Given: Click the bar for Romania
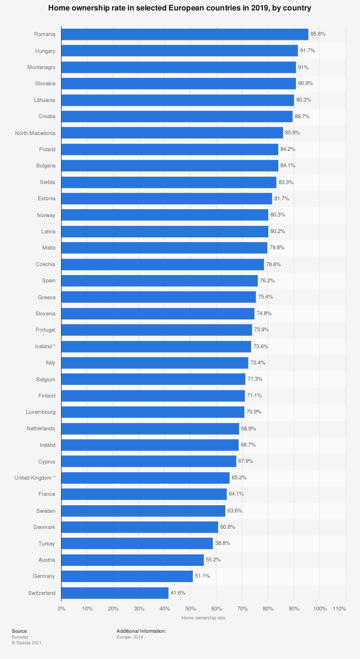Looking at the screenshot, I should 185,34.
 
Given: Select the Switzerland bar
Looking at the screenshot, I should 115,593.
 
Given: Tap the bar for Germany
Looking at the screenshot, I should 127,576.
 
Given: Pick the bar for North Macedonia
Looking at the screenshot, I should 172,133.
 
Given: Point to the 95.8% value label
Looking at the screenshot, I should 318,34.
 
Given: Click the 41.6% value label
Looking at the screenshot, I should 178,593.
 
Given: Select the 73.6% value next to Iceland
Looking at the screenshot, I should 261,346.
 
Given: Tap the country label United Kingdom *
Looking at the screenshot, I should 35,478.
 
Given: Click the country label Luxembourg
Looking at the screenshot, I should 41,412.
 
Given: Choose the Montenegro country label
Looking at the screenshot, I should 41,67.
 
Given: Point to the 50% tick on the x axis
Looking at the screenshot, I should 190,609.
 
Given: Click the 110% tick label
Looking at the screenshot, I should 339,609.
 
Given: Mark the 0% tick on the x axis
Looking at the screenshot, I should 62,609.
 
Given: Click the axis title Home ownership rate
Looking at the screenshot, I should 203,618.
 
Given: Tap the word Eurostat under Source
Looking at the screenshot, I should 20,637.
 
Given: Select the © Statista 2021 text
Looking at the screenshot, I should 27,642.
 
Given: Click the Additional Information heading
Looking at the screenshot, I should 141,631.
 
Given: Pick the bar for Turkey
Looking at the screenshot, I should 137,543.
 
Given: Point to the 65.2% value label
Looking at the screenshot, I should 239,478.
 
